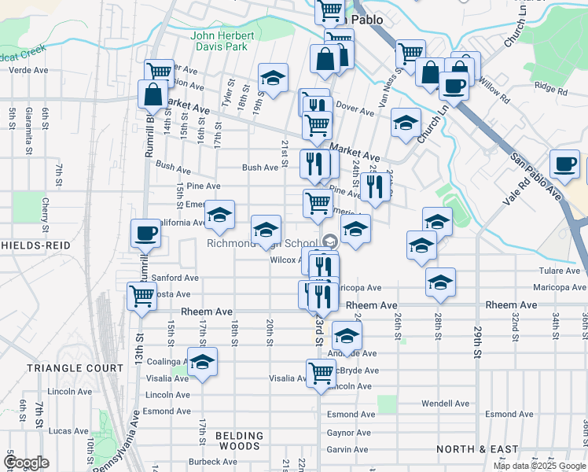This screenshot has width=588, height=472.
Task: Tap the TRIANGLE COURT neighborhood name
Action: pyautogui.click(x=75, y=368)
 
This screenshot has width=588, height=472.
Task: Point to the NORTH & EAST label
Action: pyautogui.click(x=477, y=449)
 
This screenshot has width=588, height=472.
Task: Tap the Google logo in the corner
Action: pyautogui.click(x=26, y=463)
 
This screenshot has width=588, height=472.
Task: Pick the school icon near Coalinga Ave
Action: pyautogui.click(x=202, y=363)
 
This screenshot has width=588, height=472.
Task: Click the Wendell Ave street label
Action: pyautogui.click(x=445, y=404)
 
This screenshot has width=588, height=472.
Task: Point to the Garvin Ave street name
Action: pyautogui.click(x=350, y=449)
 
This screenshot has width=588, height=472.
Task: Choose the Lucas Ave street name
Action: pyautogui.click(x=68, y=431)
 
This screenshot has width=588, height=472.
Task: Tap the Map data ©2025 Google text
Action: pyautogui.click(x=538, y=466)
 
